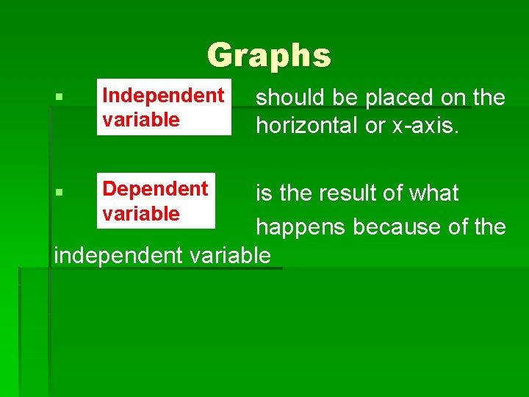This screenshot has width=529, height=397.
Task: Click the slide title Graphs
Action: point(269,55)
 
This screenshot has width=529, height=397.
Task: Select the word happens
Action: point(301,227)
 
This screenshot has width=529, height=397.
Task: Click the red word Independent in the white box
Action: point(163,96)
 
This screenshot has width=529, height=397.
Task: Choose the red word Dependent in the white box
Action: point(155,189)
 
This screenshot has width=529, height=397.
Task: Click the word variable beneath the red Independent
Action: point(141,119)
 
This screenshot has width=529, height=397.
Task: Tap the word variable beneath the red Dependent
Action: point(141,213)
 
